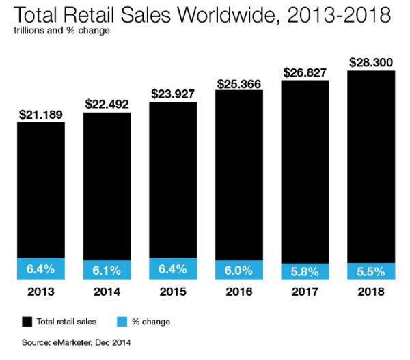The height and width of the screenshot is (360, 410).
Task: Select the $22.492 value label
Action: pyautogui.click(x=107, y=104)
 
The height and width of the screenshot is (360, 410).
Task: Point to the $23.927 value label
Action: pyautogui.click(x=174, y=94)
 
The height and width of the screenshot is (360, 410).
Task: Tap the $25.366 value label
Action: pyautogui.click(x=239, y=83)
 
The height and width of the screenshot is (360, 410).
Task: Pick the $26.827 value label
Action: pyautogui.click(x=305, y=72)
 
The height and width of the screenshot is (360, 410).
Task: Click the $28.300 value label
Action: pyautogui.click(x=371, y=62)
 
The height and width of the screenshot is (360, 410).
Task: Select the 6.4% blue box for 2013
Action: pyautogui.click(x=41, y=268)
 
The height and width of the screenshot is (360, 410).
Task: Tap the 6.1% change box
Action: pyautogui.click(x=107, y=270)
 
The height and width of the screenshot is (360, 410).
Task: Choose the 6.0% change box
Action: pyautogui.click(x=239, y=270)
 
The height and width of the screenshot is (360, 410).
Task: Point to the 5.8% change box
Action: pyautogui.click(x=305, y=271)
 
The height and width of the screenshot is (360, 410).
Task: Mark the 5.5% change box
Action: pyautogui.click(x=371, y=271)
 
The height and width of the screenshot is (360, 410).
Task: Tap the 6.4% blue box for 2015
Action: pyautogui.click(x=174, y=268)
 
